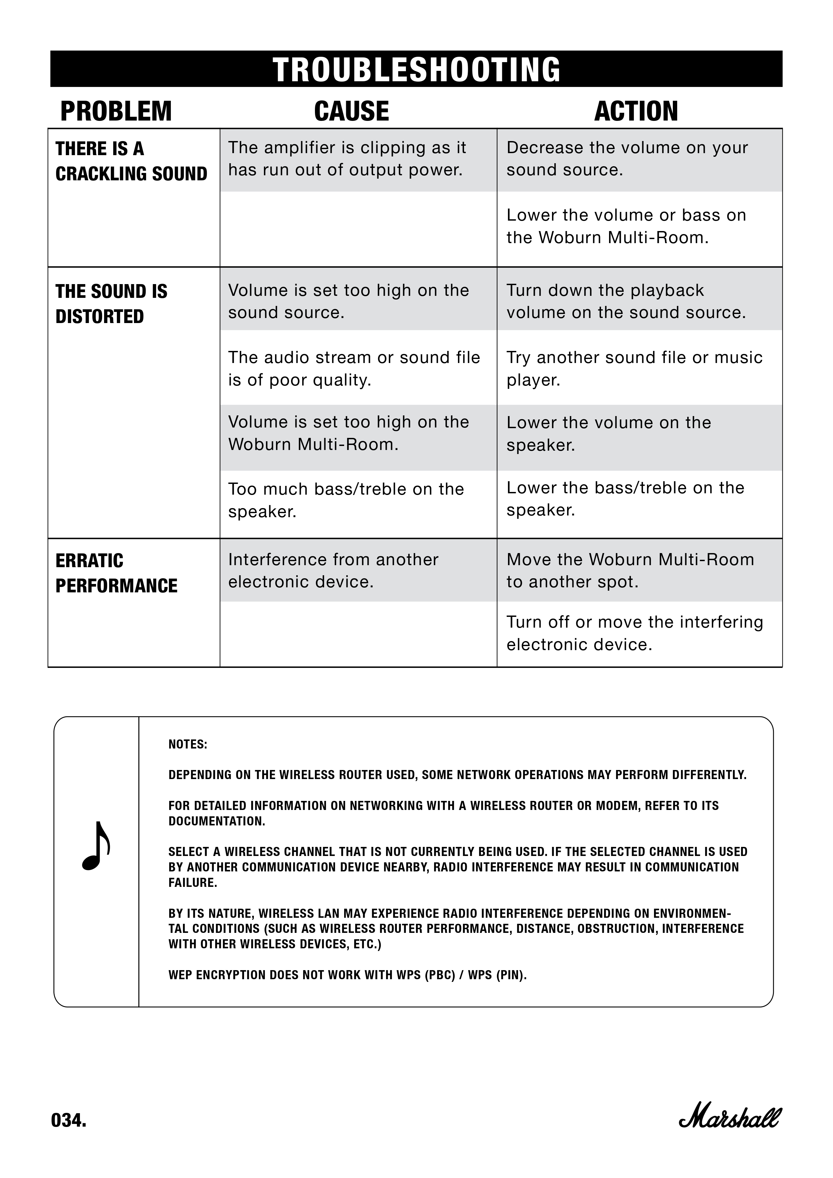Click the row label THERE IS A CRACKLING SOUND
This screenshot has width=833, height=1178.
pyautogui.click(x=131, y=161)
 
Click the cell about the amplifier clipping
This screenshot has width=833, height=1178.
pyautogui.click(x=347, y=158)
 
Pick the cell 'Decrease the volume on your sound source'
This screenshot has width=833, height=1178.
pyautogui.click(x=627, y=158)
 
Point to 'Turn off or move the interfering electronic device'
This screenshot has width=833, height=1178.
pyautogui.click(x=635, y=633)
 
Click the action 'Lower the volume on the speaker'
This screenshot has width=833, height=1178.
pyautogui.click(x=608, y=434)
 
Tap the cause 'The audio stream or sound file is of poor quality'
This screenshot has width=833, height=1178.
pyautogui.click(x=354, y=368)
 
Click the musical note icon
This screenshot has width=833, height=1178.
pyautogui.click(x=96, y=847)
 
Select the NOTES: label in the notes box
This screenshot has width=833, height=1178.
pyautogui.click(x=188, y=744)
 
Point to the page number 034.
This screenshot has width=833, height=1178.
pyautogui.click(x=69, y=1121)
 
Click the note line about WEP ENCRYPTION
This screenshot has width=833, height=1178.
pyautogui.click(x=347, y=975)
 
